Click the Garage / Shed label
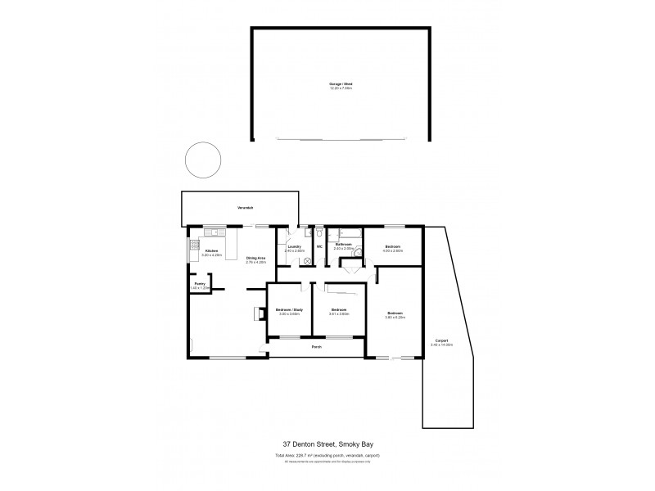click(341, 84)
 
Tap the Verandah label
click(244, 208)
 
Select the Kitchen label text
click(211, 250)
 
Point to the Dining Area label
click(256, 259)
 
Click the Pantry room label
click(199, 284)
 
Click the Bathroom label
click(343, 245)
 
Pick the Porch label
click(315, 347)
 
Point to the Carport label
click(440, 340)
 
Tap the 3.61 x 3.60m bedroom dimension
click(339, 314)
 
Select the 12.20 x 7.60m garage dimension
click(341, 89)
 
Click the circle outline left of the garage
click(202, 160)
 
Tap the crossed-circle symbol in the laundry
click(307, 260)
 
